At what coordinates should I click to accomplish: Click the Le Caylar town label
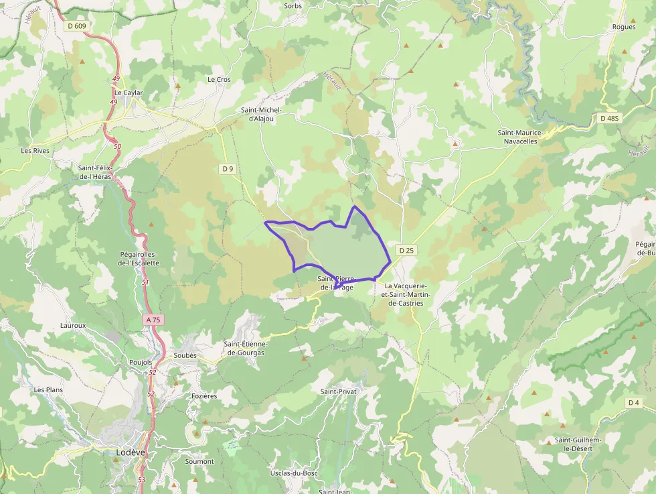[129, 92]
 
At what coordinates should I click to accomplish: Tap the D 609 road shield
[77, 26]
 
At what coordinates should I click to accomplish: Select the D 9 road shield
[228, 169]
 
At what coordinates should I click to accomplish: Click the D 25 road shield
[407, 250]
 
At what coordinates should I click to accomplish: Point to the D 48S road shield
[610, 118]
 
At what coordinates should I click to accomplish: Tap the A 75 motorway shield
[153, 320]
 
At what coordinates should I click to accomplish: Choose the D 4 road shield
[634, 402]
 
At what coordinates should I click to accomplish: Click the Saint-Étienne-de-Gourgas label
[244, 348]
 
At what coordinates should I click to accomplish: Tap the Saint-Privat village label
[339, 391]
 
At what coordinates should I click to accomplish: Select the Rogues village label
[624, 27]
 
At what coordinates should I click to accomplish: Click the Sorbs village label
[293, 5]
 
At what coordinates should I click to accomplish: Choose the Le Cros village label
[219, 79]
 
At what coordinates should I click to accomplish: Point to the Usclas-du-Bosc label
[293, 473]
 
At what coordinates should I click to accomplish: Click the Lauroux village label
[73, 325]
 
